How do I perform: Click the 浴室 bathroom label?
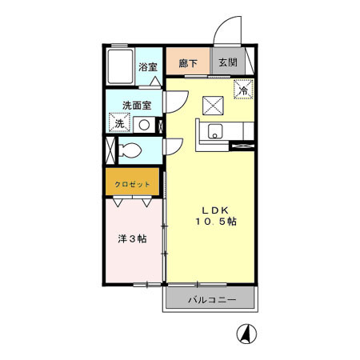(148, 67)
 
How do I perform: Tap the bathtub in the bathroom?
(120, 66)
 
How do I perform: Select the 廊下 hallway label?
(188, 63)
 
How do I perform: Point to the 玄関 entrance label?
(228, 62)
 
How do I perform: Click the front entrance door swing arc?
(223, 24)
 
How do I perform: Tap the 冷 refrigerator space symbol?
(243, 90)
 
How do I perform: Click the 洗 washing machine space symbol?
(119, 122)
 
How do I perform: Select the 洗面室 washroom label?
(137, 106)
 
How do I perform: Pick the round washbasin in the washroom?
(144, 125)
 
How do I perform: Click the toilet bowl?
(130, 150)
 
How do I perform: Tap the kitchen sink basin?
(215, 131)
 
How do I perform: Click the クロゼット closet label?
(132, 184)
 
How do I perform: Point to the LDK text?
(215, 210)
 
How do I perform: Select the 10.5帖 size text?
(216, 222)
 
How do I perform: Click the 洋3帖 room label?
(132, 238)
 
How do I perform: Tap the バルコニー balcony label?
(212, 300)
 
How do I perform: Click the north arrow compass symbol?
(246, 334)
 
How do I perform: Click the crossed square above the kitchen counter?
(213, 106)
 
